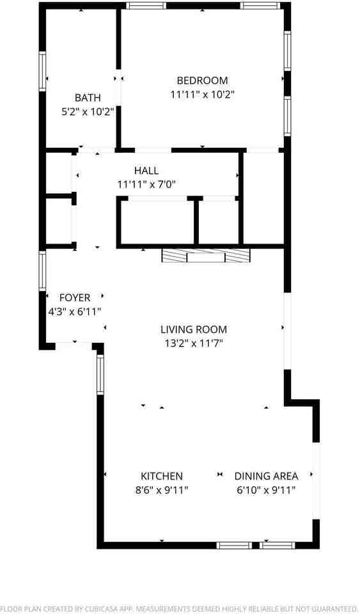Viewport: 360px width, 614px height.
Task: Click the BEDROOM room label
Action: click(202, 81)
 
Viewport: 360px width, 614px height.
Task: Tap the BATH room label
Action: click(88, 98)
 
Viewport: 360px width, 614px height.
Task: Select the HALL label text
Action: click(146, 171)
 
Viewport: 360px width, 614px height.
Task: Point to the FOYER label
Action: click(75, 297)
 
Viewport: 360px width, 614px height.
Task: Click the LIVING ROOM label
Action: click(193, 330)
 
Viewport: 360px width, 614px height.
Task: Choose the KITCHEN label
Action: click(162, 476)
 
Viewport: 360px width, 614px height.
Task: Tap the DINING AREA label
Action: click(266, 476)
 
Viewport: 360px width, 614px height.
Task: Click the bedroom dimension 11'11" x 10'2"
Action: click(202, 95)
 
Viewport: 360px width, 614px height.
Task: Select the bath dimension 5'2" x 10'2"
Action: click(88, 111)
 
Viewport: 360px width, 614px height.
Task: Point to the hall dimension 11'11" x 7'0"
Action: click(146, 184)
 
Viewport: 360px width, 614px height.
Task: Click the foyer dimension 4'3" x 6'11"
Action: click(75, 311)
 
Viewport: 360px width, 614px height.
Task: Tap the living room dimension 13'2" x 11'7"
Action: click(193, 343)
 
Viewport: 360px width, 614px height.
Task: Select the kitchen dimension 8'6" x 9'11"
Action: click(162, 490)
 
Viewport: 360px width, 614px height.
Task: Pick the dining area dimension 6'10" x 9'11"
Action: click(266, 490)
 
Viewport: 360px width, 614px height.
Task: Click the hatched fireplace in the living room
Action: click(205, 256)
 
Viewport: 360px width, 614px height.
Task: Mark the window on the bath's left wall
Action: click(43, 70)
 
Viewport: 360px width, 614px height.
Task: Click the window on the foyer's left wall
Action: click(43, 271)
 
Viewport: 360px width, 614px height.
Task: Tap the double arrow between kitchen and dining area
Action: click(219, 475)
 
